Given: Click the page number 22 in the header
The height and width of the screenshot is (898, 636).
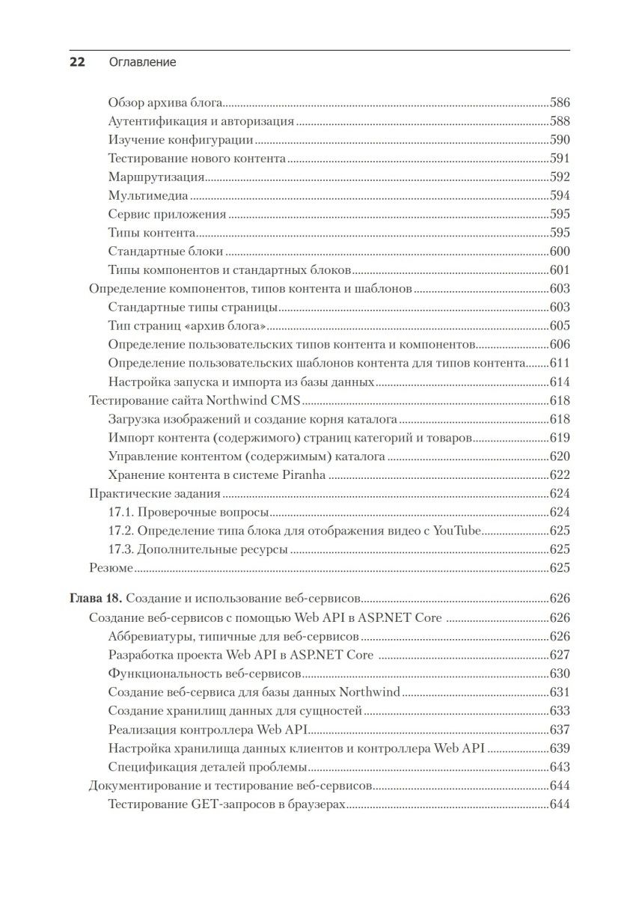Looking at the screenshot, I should coord(78,62).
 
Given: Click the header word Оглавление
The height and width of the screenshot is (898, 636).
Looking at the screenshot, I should coord(141,62).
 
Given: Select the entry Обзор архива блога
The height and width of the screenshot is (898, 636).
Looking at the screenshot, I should coord(166,103).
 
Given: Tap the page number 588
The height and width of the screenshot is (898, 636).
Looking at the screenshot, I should coord(560,121).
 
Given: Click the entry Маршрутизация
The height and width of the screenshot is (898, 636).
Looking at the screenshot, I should coord(156,177).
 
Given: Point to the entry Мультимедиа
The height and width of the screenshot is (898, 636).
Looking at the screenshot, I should coord(147,196).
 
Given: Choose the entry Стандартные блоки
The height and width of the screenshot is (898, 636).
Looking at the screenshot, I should coord(166,251).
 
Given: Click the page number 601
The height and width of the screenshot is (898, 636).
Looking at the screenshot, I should coord(560,270).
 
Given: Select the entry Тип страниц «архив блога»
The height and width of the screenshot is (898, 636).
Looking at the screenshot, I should coord(188,326).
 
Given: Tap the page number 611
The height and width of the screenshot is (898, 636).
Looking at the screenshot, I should coord(560,363).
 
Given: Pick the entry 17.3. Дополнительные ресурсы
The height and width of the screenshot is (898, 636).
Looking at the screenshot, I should coord(198,549).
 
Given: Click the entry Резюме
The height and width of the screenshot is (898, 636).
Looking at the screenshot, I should coord(111,568).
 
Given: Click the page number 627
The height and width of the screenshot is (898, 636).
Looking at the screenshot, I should coord(560,656).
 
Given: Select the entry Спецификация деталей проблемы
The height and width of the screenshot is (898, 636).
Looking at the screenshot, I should coord(207,767).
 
